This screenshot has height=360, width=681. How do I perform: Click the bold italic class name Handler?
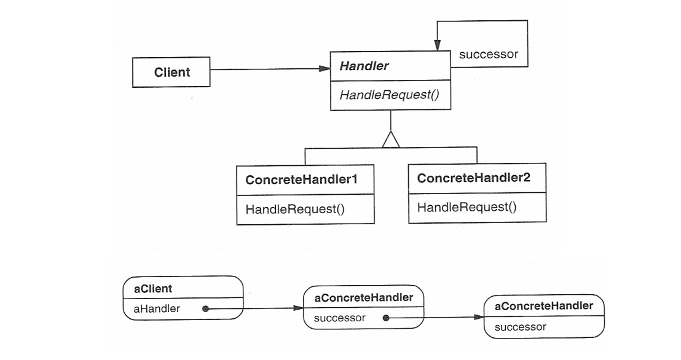[361, 66]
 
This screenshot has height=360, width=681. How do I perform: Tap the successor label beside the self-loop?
[489, 54]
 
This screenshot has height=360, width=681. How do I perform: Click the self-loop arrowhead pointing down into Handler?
[438, 47]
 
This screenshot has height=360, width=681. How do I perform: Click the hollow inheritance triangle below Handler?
[390, 140]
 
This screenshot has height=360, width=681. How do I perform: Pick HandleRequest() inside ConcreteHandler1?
[295, 209]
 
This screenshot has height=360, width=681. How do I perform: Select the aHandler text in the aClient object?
[157, 308]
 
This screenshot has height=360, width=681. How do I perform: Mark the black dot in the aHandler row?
[205, 309]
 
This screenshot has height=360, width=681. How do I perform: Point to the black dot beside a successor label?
[385, 318]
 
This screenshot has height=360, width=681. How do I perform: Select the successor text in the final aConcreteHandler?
[519, 327]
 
